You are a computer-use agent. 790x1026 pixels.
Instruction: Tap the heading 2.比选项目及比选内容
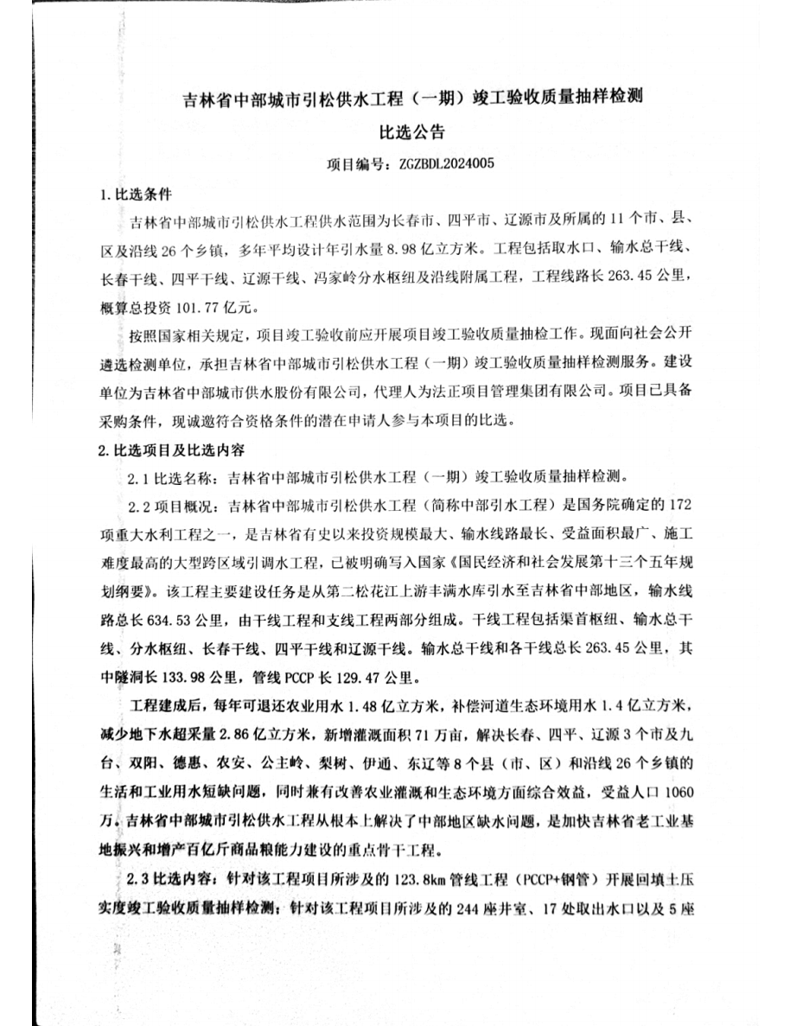point(172,449)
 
